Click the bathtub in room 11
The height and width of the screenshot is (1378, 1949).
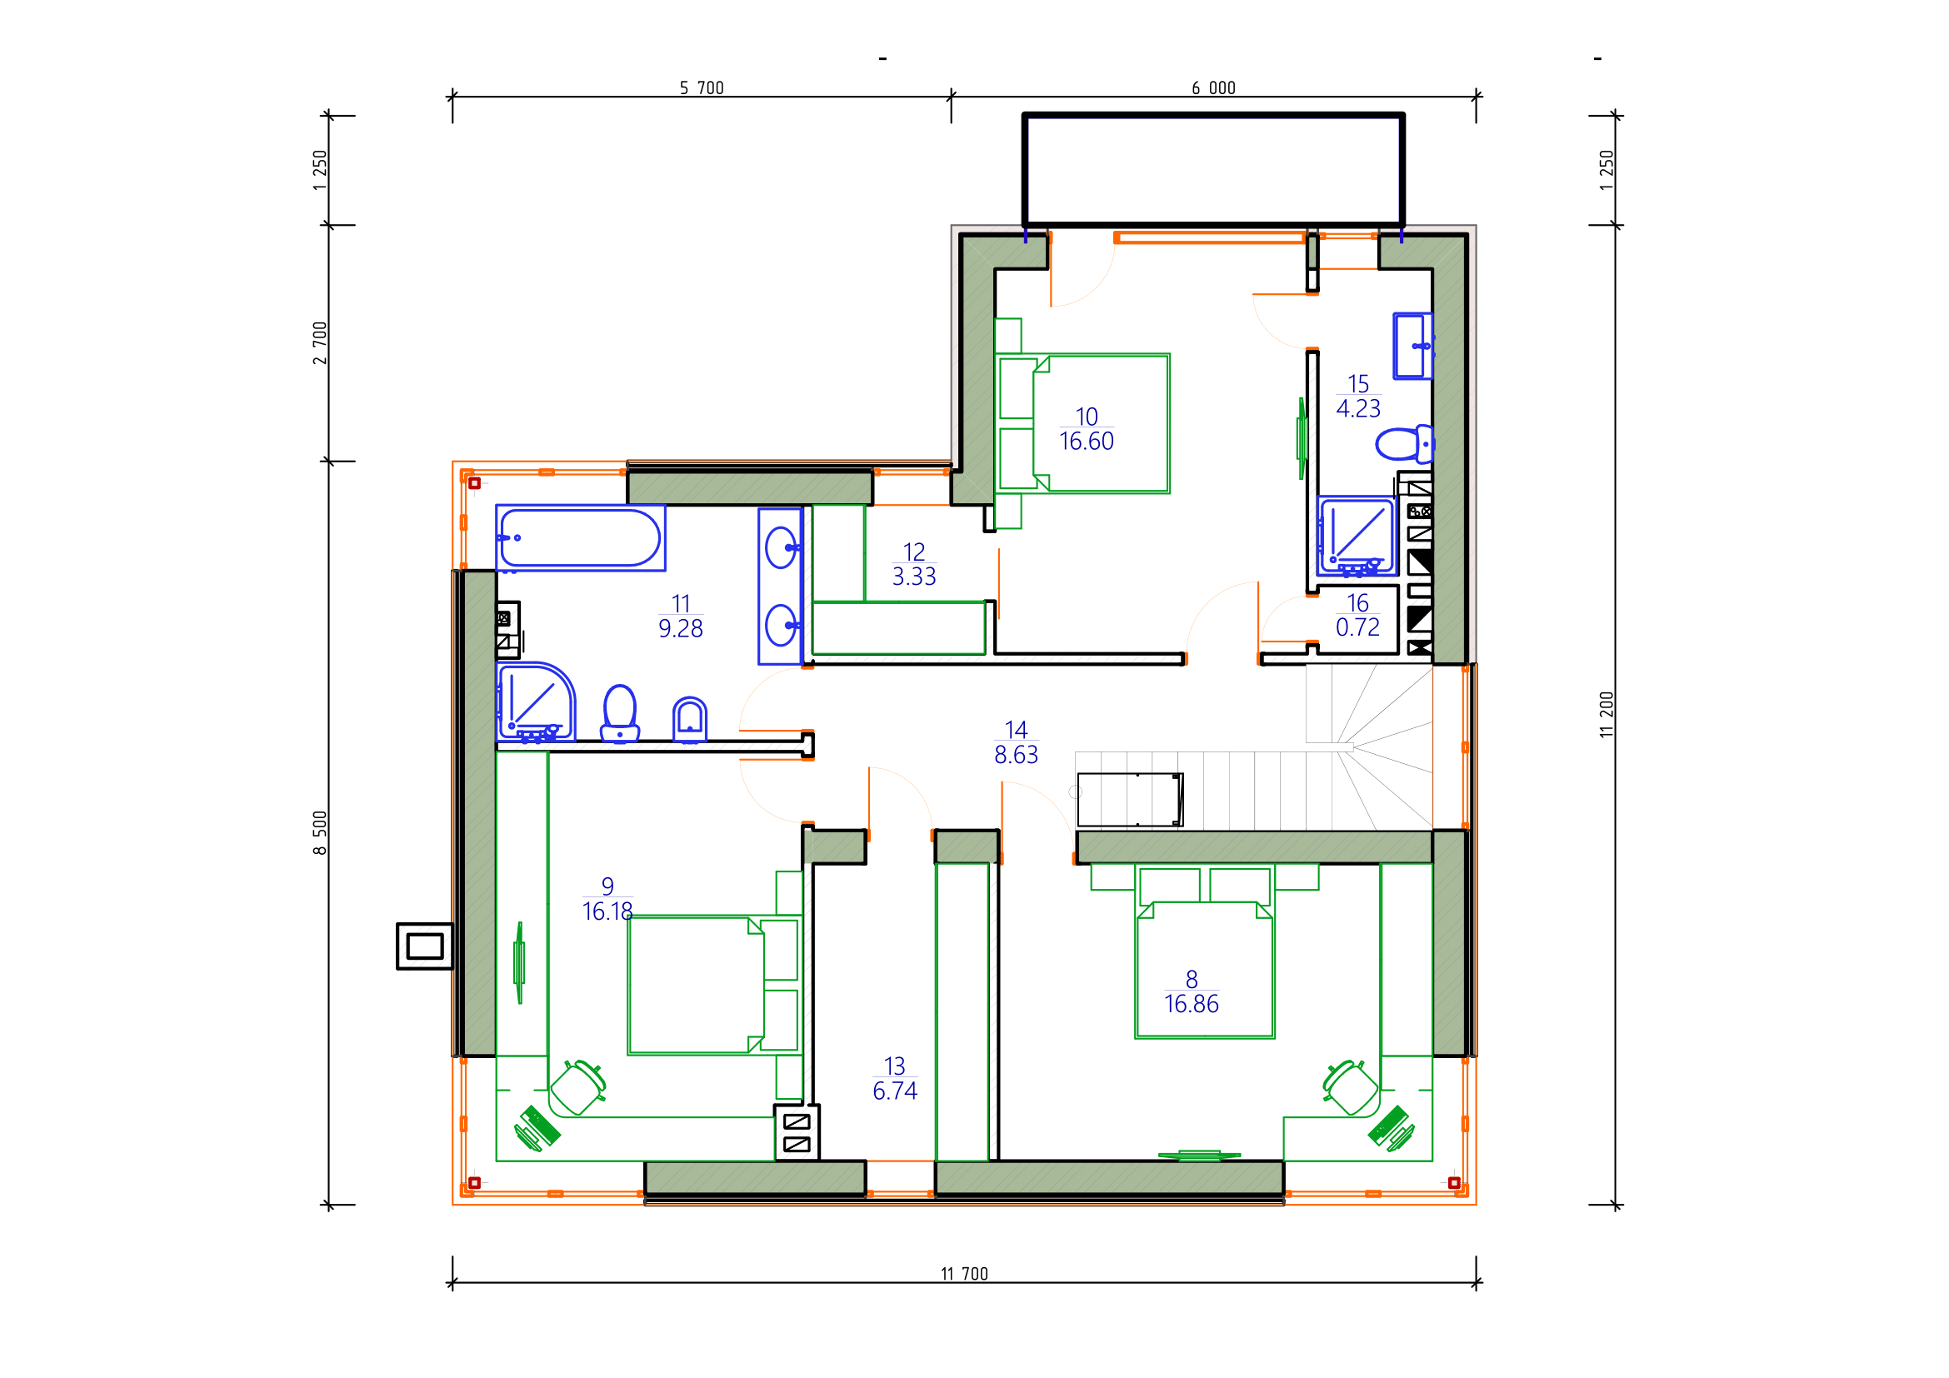tap(581, 538)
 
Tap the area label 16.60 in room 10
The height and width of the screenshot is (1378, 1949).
tap(1087, 442)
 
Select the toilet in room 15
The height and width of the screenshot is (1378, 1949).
tap(1404, 444)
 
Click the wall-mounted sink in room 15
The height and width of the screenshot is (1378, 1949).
tap(1412, 347)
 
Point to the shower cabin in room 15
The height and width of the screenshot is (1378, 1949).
tap(1357, 537)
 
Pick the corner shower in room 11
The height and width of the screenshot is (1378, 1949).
tap(536, 702)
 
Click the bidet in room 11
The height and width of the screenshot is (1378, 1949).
tap(690, 721)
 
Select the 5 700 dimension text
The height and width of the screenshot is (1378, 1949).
tap(702, 88)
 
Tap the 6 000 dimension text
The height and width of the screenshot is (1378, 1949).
tap(1214, 88)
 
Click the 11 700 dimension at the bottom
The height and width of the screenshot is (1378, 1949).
tap(964, 1274)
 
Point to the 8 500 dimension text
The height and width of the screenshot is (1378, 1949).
tap(320, 832)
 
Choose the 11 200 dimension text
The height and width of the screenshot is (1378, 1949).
tap(1606, 715)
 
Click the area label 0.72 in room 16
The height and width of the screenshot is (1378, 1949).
tap(1357, 627)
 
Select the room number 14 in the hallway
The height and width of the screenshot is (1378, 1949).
tap(1016, 730)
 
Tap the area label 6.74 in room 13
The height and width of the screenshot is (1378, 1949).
tap(895, 1091)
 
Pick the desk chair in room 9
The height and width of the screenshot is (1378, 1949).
tap(578, 1087)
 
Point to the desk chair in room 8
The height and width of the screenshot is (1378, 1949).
tap(1350, 1087)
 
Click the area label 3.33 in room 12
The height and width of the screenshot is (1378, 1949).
tap(913, 577)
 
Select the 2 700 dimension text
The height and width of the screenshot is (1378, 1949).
tap(320, 342)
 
